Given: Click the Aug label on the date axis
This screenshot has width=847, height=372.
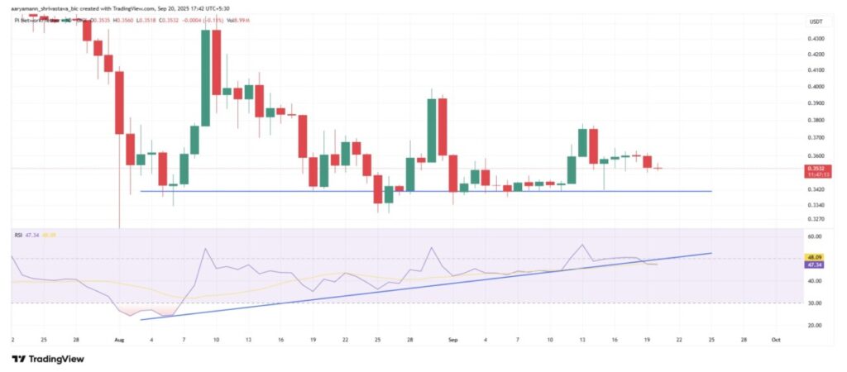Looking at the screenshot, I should pos(118,339).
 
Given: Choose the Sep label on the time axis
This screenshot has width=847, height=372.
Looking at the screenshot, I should pos(452,339).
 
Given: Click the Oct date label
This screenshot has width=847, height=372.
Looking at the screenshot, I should pos(774,339).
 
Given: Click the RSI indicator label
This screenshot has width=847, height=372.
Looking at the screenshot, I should pos(17,235).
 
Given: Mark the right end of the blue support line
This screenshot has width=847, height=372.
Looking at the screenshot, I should pos(711,191).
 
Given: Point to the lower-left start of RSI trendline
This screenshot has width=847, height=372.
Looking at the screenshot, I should pos(141,319).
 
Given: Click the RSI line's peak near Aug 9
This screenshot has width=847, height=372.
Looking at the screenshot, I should pos(204,248).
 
